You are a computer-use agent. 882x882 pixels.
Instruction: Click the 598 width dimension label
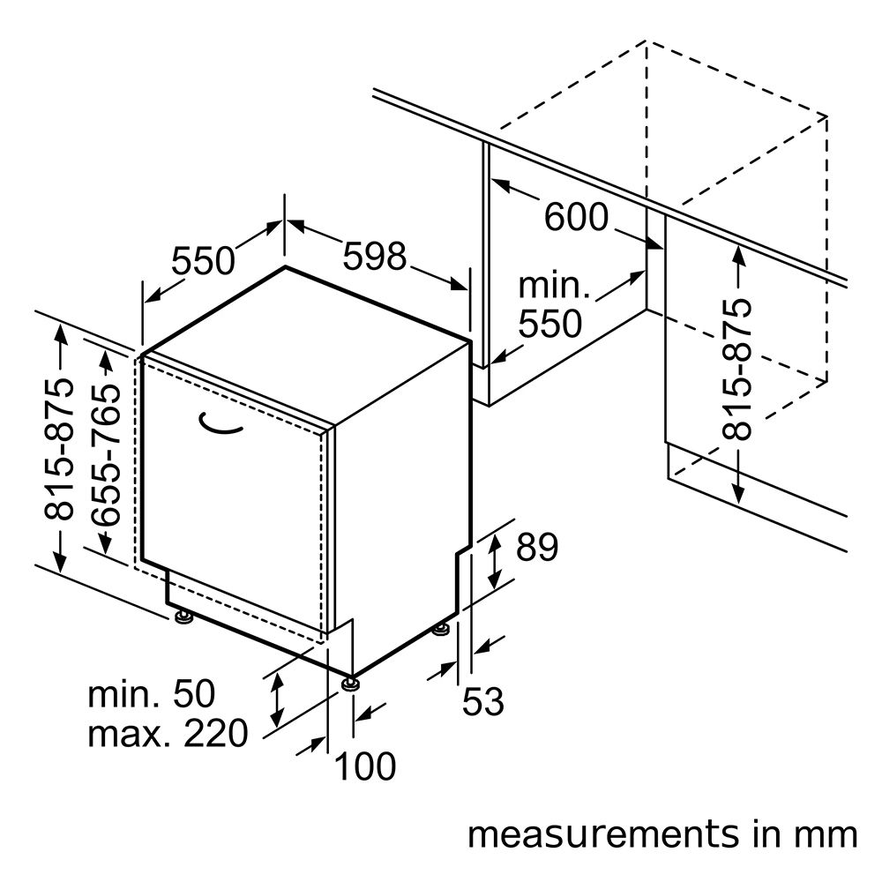tap(375, 257)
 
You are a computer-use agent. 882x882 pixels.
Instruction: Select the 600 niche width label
tap(576, 217)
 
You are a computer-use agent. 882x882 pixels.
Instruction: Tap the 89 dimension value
tap(537, 547)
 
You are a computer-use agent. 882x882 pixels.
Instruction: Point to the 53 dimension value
tap(482, 701)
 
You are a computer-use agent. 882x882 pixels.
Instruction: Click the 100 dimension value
tap(365, 766)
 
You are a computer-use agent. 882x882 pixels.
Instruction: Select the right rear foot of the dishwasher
tap(441, 629)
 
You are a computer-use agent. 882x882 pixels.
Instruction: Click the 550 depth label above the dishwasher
tap(203, 261)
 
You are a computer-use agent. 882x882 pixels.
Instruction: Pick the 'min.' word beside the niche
tap(554, 285)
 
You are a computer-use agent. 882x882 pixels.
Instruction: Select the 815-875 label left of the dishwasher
tap(59, 449)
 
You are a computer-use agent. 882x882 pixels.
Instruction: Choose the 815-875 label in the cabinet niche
tap(736, 370)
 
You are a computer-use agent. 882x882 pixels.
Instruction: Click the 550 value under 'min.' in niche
tap(549, 324)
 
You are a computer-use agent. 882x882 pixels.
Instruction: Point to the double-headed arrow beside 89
tap(495, 561)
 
